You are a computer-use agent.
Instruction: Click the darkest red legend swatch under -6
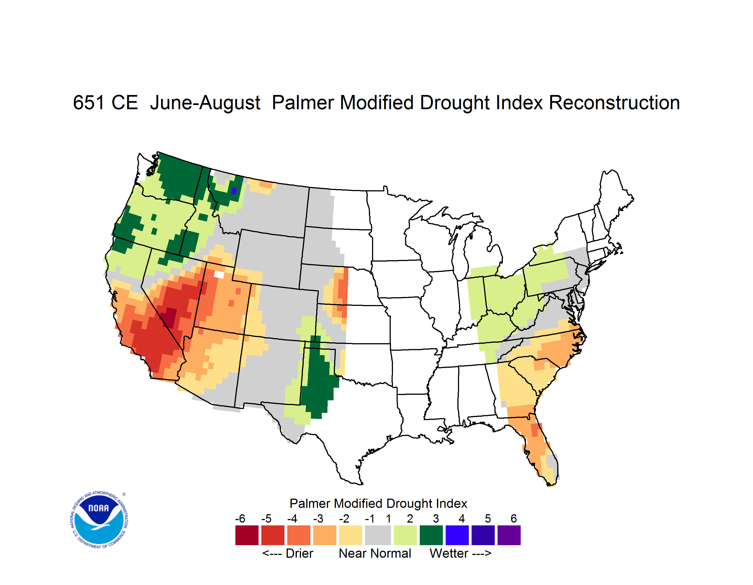247,535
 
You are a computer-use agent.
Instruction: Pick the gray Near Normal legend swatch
378,535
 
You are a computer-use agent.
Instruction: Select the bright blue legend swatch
457,535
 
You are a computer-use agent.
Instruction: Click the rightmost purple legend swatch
509,535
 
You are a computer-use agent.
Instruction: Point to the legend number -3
318,518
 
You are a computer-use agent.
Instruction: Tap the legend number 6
514,518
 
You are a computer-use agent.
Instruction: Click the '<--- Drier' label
288,554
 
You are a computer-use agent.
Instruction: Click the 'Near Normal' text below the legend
375,554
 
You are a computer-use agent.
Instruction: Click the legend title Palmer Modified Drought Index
378,504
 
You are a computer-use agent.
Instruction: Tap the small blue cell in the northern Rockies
234,191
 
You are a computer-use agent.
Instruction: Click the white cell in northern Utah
219,274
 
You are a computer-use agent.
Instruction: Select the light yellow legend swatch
351,535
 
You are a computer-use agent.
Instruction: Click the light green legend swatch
406,535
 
